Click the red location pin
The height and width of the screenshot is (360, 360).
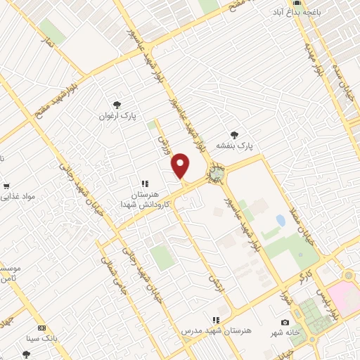pyautogui.click(x=181, y=165)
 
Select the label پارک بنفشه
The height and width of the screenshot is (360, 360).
pyautogui.click(x=234, y=146)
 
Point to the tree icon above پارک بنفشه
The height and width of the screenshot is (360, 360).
pyautogui.click(x=234, y=134)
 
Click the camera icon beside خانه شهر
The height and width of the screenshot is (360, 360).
pyautogui.click(x=285, y=323)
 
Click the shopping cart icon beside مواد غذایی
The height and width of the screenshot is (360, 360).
pyautogui.click(x=6, y=187)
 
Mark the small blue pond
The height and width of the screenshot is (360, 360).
pyautogui.click(x=281, y=221)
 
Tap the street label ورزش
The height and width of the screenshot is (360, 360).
pyautogui.click(x=166, y=148)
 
